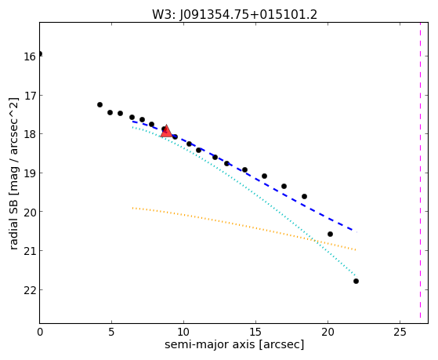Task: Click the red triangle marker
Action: (x=166, y=132)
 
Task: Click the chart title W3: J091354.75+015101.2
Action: (x=234, y=15)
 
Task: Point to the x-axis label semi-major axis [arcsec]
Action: (x=234, y=344)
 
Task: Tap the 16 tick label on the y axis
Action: (x=30, y=56)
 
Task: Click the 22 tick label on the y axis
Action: (x=30, y=291)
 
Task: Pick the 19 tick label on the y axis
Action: (x=30, y=173)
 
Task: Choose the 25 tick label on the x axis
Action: (x=400, y=333)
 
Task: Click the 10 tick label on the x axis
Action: (x=183, y=333)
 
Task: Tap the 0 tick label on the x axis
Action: (x=40, y=333)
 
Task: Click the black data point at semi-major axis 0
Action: (x=40, y=53)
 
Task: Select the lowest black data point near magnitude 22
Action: (x=356, y=281)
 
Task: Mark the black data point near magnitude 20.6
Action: (x=330, y=235)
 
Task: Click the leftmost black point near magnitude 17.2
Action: (x=100, y=105)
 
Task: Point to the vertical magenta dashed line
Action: (x=420, y=171)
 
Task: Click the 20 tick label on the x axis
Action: (x=328, y=333)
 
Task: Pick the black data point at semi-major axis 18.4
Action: (x=305, y=197)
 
